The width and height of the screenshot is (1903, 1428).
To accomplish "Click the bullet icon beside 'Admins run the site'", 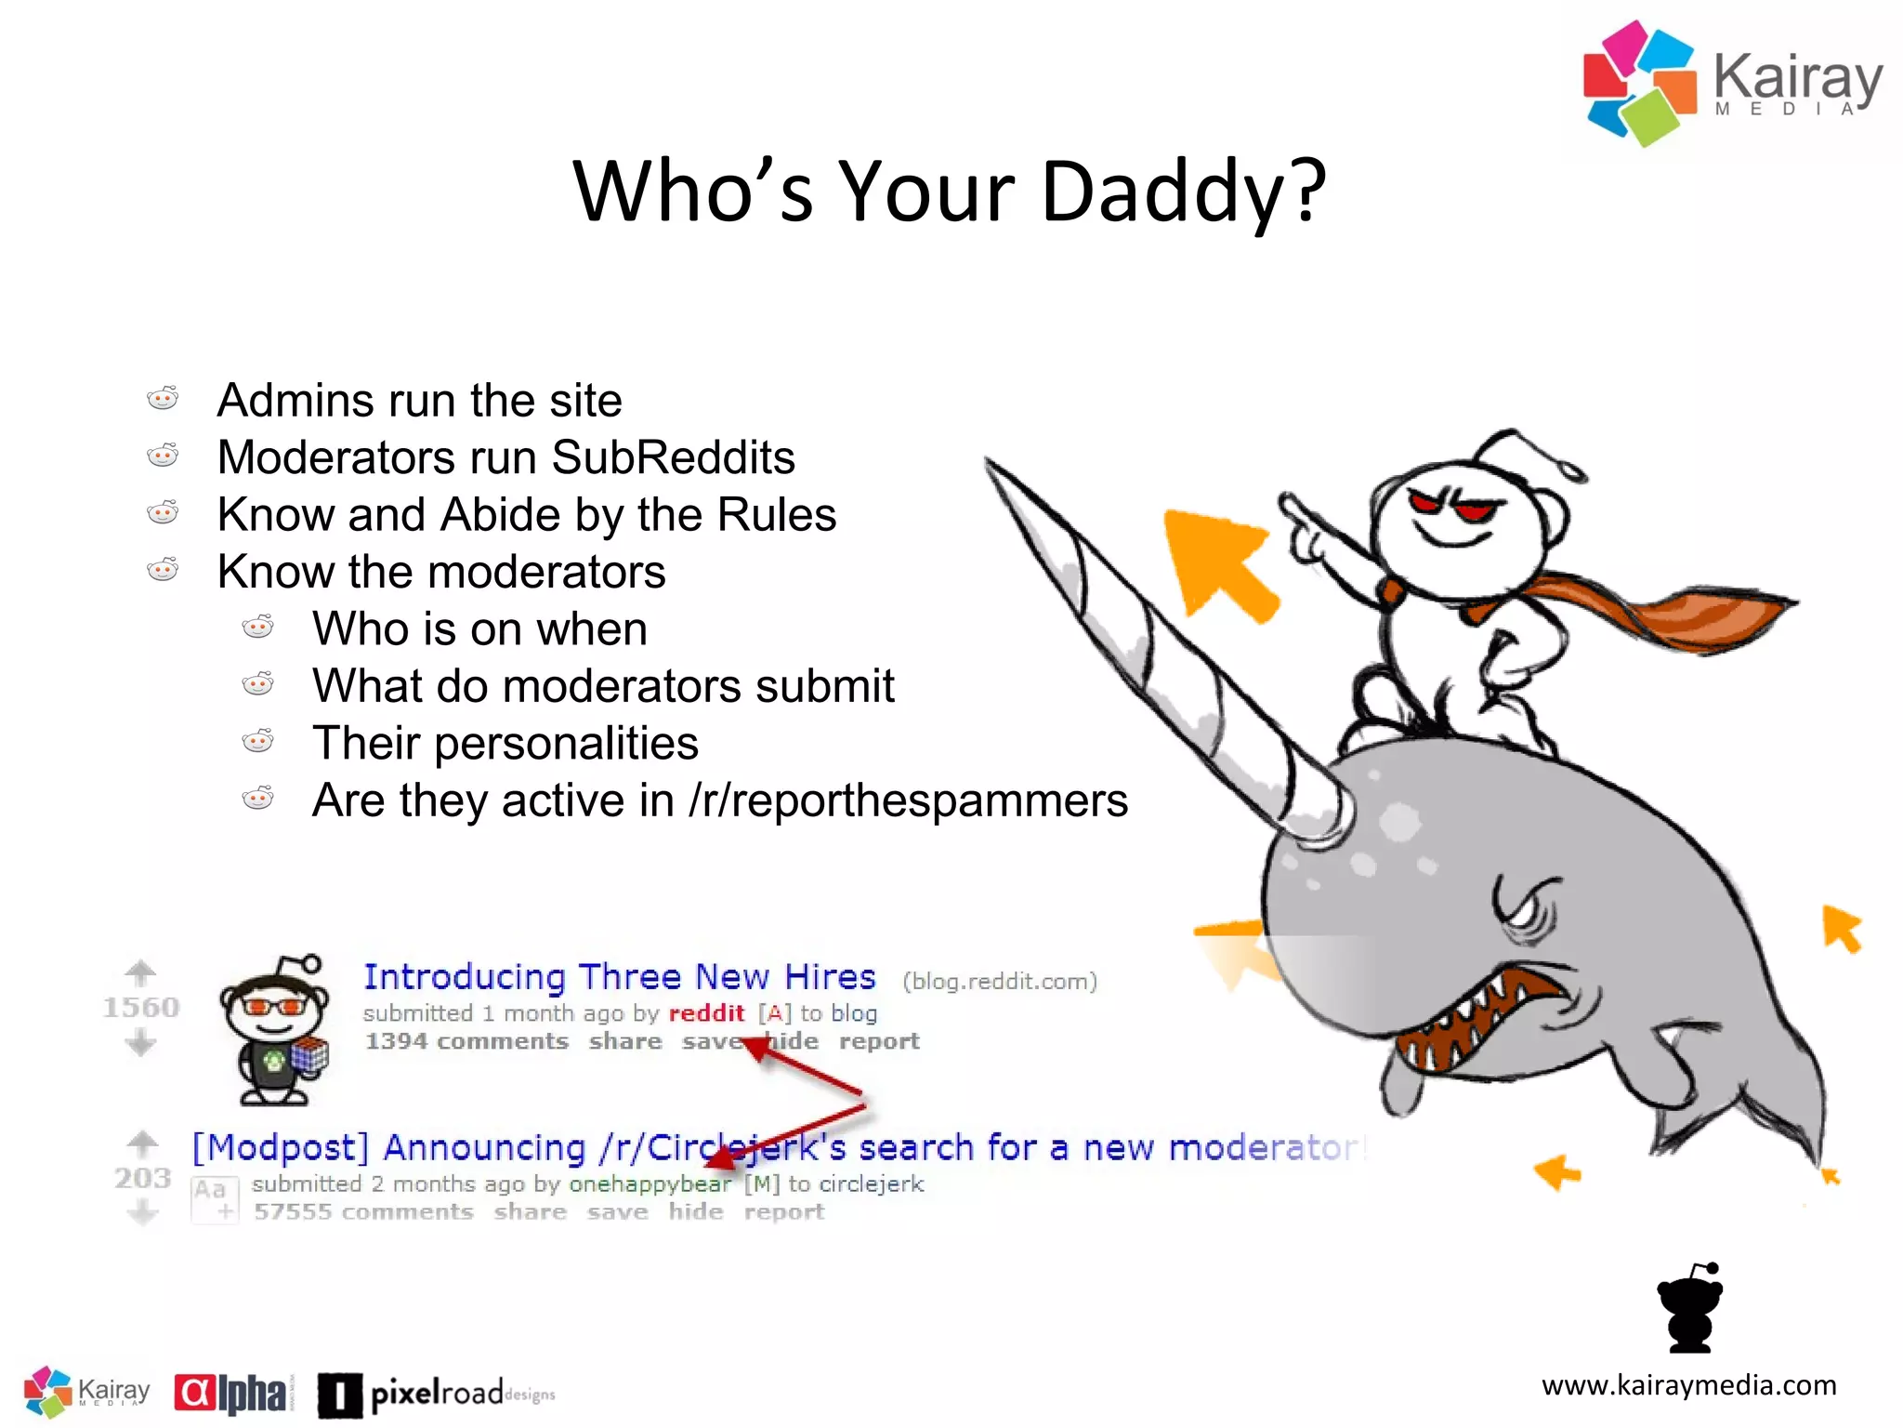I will coord(163,399).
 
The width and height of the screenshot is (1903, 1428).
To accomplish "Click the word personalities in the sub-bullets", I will coord(566,743).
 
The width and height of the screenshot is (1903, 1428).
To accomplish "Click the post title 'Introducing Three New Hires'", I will coord(619,977).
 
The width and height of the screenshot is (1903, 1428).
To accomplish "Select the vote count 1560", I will coord(140,1007).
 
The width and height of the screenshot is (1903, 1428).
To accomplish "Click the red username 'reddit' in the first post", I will coord(706,1013).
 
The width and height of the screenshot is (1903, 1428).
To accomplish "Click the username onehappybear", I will coord(650,1184).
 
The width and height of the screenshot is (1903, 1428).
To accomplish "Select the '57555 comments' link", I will coord(363,1212).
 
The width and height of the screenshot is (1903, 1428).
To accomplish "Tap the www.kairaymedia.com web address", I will coord(1688,1385).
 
